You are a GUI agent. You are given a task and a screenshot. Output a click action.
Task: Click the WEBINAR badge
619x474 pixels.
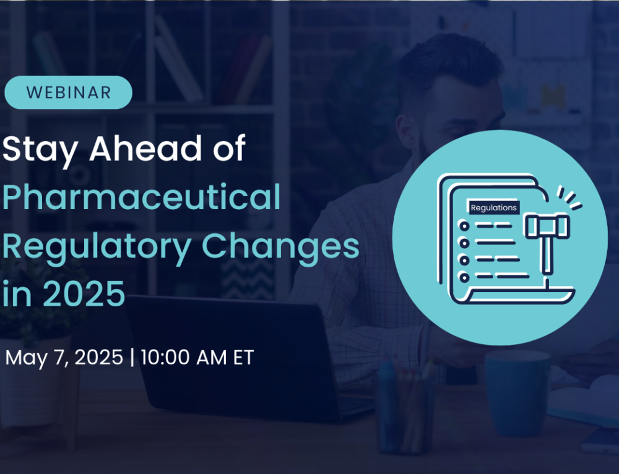point(68,92)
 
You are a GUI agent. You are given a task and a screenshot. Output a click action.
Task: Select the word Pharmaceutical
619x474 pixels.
point(141,197)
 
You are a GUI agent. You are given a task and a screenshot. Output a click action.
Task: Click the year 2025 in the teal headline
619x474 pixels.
point(84,293)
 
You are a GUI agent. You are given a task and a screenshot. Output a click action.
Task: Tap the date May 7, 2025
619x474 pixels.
point(64,358)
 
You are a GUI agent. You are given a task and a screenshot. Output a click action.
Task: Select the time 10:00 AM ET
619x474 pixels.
point(197,358)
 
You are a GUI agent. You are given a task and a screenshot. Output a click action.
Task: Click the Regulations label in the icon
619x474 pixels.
point(493,207)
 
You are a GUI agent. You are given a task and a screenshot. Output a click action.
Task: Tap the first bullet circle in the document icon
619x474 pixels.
point(464,226)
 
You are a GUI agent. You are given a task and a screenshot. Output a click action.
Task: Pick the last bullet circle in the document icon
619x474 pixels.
point(464,277)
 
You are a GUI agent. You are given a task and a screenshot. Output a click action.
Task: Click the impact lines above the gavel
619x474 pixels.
point(569,197)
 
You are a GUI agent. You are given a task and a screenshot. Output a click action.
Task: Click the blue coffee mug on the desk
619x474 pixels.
point(517,393)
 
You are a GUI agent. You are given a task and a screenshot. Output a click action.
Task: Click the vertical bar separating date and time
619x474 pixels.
point(132,358)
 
